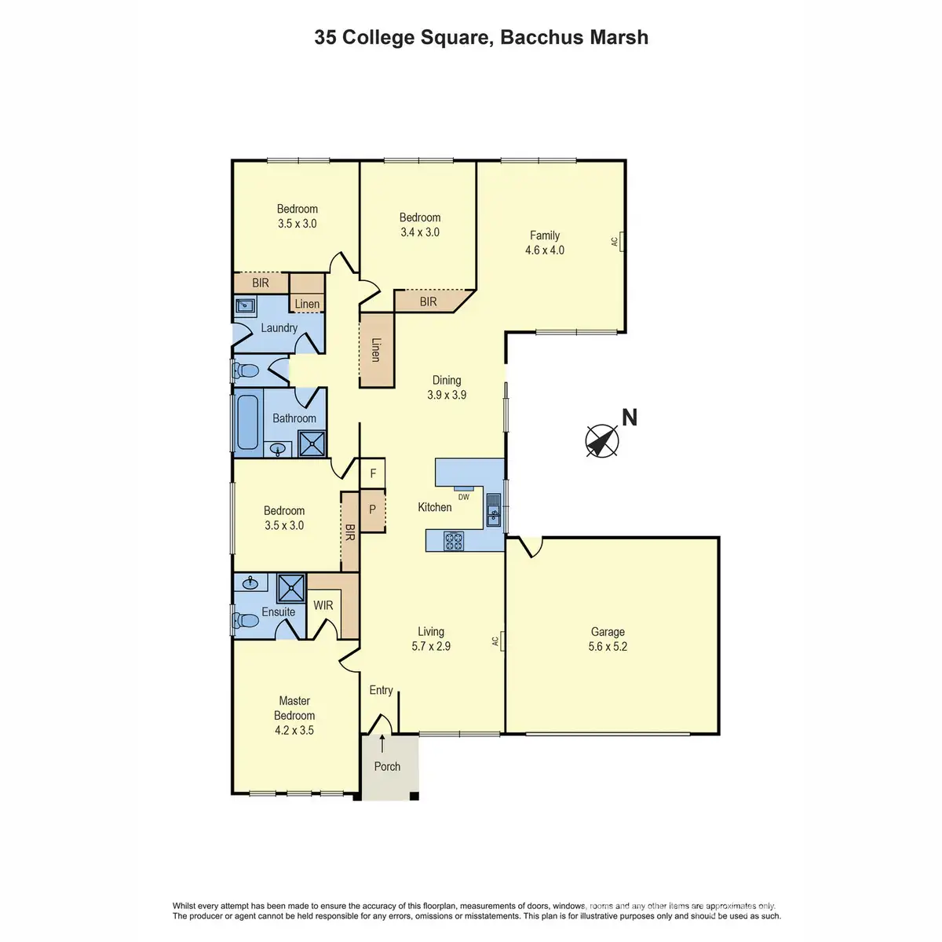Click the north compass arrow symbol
602,440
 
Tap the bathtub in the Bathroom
247,422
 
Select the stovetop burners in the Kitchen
453,541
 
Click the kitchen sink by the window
493,509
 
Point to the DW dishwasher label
463,497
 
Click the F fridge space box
373,473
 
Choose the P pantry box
373,510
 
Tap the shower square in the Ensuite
291,588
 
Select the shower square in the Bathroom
312,444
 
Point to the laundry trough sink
245,305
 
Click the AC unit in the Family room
622,241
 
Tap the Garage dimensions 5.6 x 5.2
608,646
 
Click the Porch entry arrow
382,744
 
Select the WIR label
323,605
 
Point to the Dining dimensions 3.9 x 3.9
447,395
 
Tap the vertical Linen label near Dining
375,350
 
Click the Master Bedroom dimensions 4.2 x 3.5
294,730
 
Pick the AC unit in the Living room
502,641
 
